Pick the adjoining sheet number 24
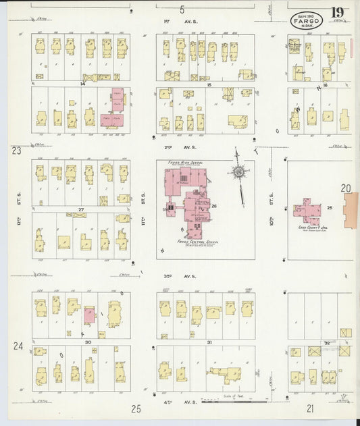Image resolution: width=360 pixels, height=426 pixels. [18, 346]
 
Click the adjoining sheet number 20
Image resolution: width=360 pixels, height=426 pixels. [346, 190]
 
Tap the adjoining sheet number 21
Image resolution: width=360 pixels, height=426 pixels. [310, 408]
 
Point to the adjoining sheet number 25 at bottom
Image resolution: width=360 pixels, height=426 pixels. [136, 408]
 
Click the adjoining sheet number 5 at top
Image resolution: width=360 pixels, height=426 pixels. [182, 9]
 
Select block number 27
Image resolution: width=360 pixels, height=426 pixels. [80, 210]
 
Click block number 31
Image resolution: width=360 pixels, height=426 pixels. [209, 342]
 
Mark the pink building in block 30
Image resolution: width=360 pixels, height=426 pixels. [89, 315]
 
